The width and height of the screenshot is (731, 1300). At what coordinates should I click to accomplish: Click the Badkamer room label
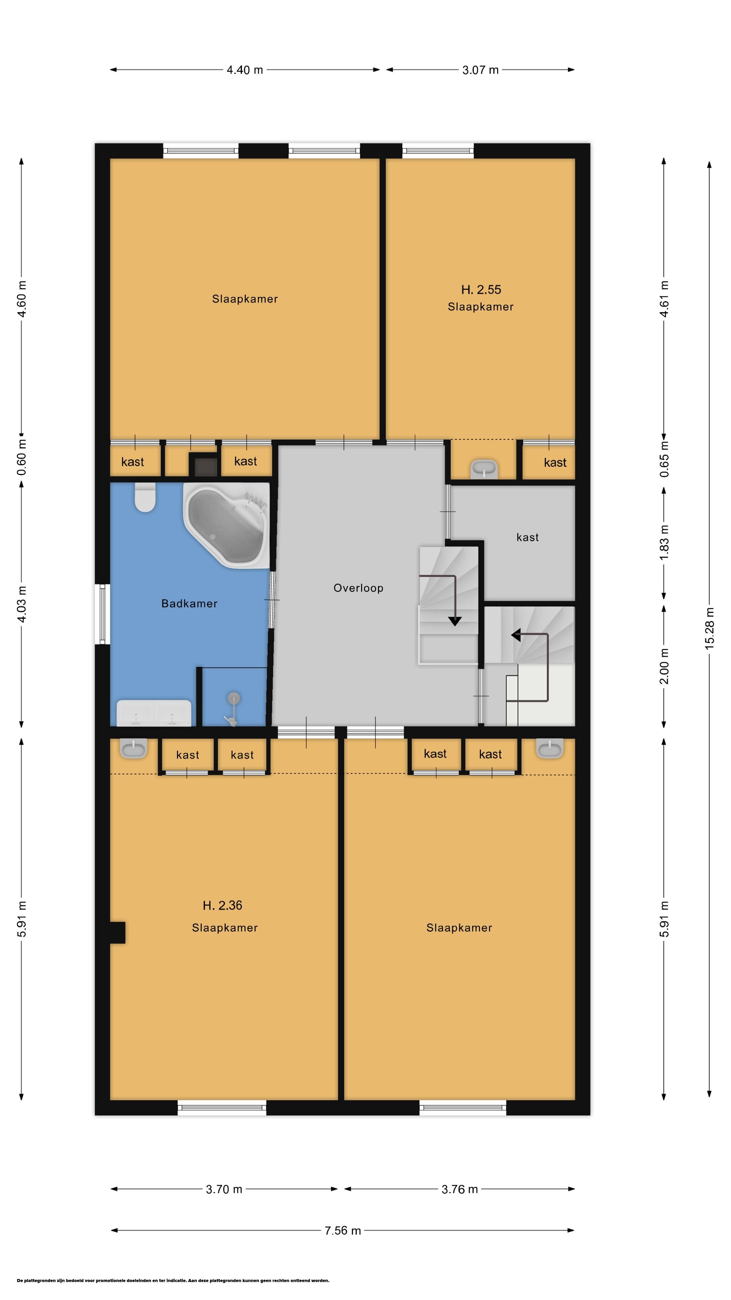pos(189,604)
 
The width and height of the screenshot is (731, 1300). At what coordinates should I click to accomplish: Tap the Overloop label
pos(358,588)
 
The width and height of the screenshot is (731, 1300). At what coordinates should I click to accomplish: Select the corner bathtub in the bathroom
pos(226,525)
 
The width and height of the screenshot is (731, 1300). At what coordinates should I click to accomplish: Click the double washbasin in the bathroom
pos(154,713)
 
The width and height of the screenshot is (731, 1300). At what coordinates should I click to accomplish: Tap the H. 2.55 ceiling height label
pos(481,290)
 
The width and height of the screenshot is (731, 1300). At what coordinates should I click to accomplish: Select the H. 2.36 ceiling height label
pos(222,905)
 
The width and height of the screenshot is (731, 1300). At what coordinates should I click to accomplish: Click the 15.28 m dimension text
pos(709,628)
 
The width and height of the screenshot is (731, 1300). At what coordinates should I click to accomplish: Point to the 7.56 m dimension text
pos(342,1230)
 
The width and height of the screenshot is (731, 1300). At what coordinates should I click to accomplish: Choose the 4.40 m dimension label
pos(245,70)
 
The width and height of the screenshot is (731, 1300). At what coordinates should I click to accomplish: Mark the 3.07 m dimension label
pos(480,70)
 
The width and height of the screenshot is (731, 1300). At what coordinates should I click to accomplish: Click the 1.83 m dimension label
pos(664,542)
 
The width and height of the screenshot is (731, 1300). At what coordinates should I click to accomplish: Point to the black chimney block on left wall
pos(117,933)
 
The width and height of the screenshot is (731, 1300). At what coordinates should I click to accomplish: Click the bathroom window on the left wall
pos(103,614)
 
